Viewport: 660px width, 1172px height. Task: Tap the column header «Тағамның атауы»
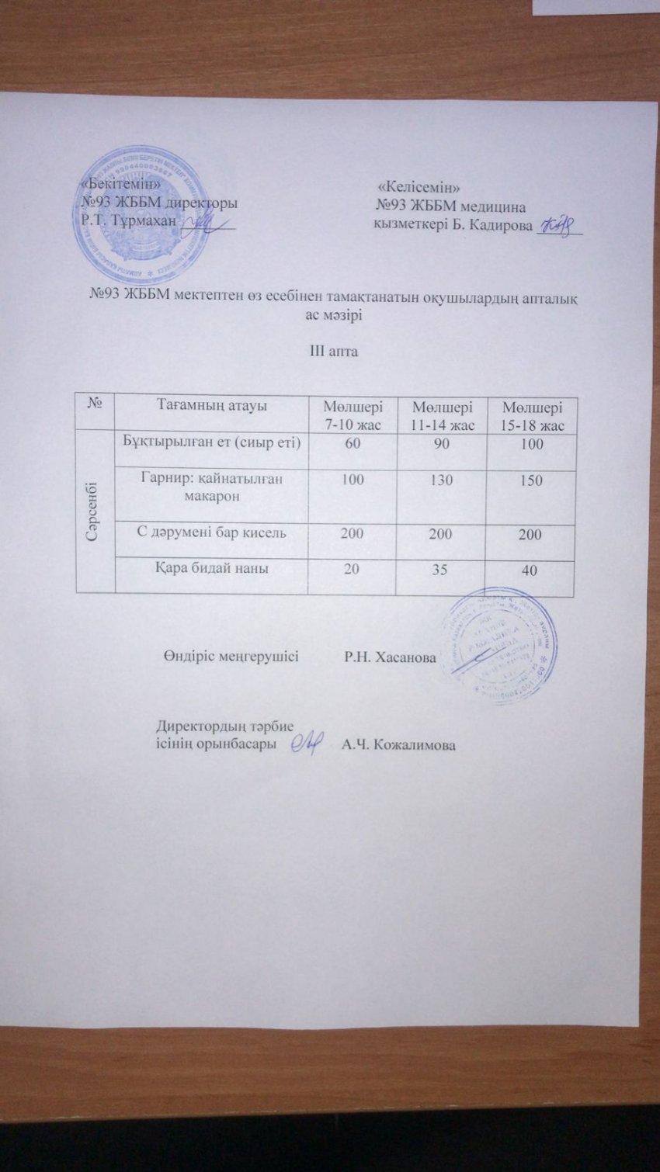point(212,405)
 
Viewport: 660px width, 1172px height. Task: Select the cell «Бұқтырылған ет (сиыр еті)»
point(211,443)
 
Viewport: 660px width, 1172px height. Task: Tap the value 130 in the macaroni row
point(441,480)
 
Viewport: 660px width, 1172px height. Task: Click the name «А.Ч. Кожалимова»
point(398,745)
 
